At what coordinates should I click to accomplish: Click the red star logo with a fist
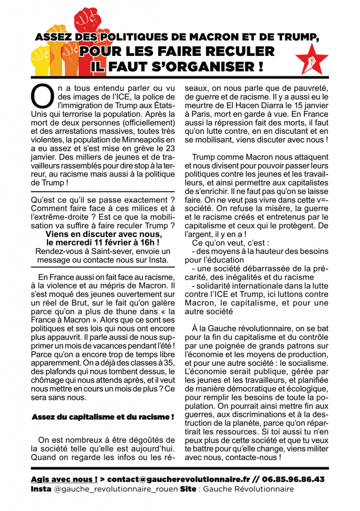(312, 59)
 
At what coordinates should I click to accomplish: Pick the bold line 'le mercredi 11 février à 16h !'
(103, 242)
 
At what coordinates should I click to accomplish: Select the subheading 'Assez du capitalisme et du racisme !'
(103, 416)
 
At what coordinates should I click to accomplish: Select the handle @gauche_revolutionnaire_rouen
(115, 489)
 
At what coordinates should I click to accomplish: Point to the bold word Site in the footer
(187, 489)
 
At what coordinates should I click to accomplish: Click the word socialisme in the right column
(302, 362)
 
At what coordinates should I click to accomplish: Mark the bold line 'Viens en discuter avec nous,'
(103, 233)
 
